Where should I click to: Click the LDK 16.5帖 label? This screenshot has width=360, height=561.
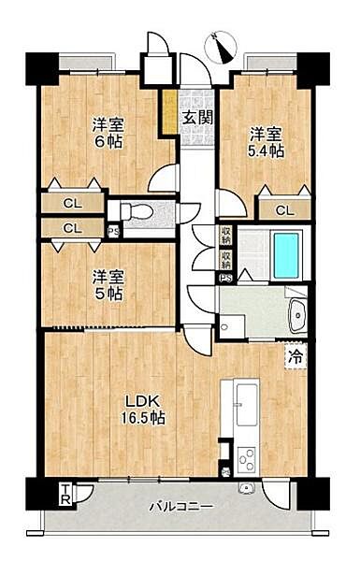click(146, 410)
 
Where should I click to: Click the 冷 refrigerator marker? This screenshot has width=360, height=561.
click(295, 355)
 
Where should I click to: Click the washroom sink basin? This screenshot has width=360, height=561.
click(297, 316)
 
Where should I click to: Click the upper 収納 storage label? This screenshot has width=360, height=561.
click(226, 233)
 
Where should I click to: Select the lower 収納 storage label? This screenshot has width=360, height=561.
click(226, 255)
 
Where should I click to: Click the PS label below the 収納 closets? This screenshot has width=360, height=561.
click(225, 278)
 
